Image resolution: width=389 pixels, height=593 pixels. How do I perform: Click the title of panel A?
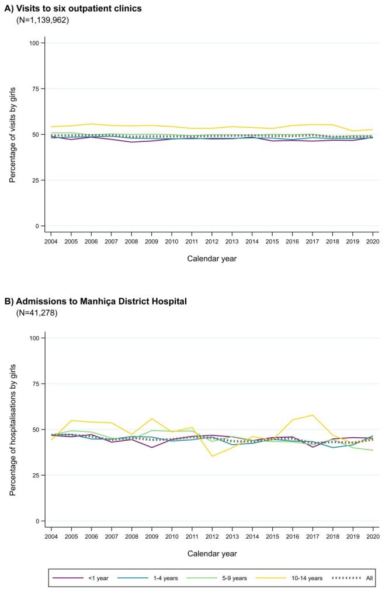click(x=73, y=8)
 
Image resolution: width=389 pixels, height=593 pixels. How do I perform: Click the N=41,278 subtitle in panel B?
click(x=37, y=313)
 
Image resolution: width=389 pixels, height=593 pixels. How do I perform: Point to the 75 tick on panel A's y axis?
click(x=34, y=89)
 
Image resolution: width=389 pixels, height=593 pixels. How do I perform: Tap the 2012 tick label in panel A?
click(x=212, y=242)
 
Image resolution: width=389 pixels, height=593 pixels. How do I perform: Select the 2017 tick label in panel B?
click(x=312, y=536)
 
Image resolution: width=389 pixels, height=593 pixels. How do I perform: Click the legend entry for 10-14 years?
click(x=290, y=578)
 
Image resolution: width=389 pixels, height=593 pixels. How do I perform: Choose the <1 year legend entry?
click(x=81, y=578)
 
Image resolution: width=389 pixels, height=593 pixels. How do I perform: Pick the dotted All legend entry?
click(x=352, y=578)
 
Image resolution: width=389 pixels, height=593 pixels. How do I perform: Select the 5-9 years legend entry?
click(x=220, y=578)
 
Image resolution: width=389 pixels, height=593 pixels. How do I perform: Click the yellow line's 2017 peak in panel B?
click(x=312, y=415)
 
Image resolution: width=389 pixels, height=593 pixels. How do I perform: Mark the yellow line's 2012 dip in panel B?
click(x=212, y=456)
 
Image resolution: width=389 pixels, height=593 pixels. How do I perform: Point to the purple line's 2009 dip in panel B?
click(x=152, y=448)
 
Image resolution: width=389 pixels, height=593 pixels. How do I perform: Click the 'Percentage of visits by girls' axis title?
click(x=12, y=135)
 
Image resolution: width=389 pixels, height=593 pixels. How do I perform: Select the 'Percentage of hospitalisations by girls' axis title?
click(x=12, y=430)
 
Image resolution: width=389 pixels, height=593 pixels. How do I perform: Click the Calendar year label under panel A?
click(x=212, y=259)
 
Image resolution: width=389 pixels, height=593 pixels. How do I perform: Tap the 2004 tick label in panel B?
click(x=51, y=536)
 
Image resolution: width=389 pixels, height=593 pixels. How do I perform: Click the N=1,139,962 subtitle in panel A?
click(x=43, y=20)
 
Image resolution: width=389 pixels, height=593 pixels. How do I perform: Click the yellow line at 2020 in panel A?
click(x=373, y=130)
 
